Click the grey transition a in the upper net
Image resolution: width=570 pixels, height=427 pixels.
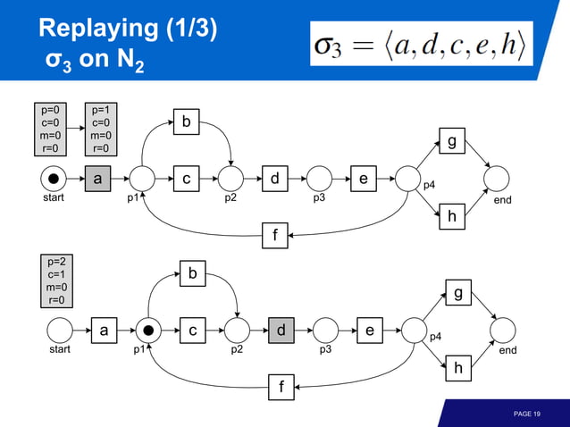pyautogui.click(x=97, y=179)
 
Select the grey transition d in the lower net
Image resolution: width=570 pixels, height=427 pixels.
pyautogui.click(x=281, y=331)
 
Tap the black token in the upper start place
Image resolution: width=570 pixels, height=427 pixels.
pyautogui.click(x=54, y=179)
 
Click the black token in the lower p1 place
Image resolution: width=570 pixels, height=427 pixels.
pyautogui.click(x=148, y=331)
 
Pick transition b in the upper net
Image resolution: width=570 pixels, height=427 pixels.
pyautogui.click(x=186, y=121)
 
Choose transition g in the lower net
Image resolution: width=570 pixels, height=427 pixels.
pyautogui.click(x=458, y=292)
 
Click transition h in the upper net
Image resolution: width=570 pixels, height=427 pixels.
pyautogui.click(x=452, y=216)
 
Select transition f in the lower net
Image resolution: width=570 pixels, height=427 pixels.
pyautogui.click(x=282, y=388)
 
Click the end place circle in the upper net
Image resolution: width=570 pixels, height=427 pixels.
pyautogui.click(x=497, y=179)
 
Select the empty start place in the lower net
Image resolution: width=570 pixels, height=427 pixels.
pyautogui.click(x=60, y=331)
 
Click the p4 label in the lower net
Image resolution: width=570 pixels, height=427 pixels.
pyautogui.click(x=433, y=338)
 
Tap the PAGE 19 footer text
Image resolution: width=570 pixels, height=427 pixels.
pyautogui.click(x=526, y=414)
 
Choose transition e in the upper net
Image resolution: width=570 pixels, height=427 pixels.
pyautogui.click(x=362, y=179)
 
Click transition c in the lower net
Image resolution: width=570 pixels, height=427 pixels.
pyautogui.click(x=192, y=331)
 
